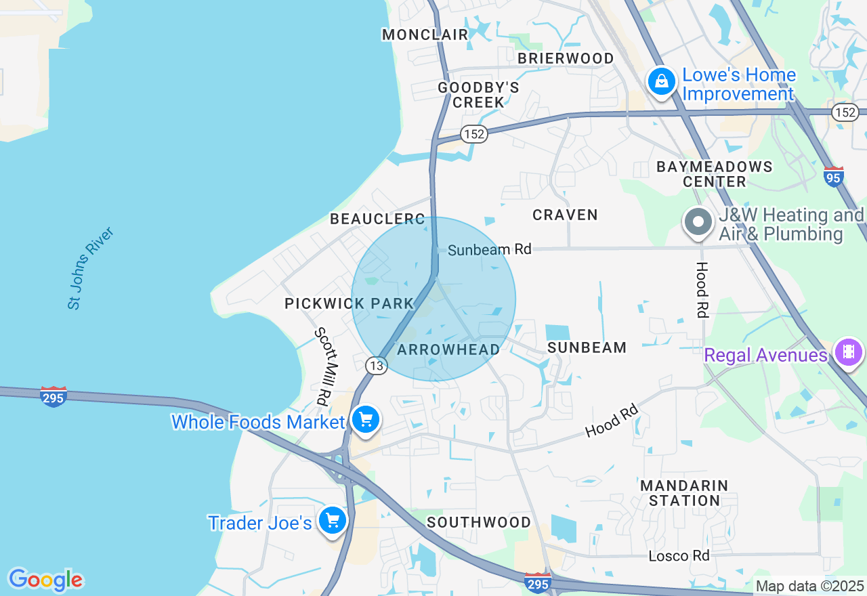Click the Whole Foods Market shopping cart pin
pos(366,421)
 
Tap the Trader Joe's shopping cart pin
pos(332,521)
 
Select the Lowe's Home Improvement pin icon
pos(662,82)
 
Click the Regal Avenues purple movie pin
pos(848,352)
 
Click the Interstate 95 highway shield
pos(834,177)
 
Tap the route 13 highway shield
pos(376,366)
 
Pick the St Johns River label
pos(91,269)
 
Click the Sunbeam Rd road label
pos(489,249)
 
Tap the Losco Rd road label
pos(679,556)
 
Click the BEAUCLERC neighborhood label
pos(377,219)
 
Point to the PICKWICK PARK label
pos(349,303)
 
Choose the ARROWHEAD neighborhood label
pos(448,349)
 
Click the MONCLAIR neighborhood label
pos(425,35)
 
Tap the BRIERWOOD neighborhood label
pos(566,58)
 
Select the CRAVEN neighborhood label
pos(565,215)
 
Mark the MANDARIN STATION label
pos(684,493)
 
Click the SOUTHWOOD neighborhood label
pos(479,522)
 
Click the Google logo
pos(45,580)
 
